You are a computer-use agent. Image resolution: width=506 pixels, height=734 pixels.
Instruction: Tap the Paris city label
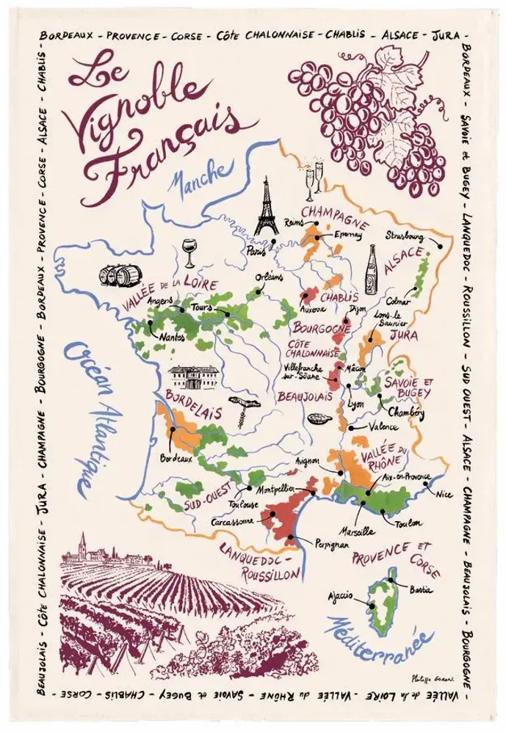tap(256, 250)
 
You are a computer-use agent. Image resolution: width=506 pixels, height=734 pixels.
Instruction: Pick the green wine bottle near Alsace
tap(372, 270)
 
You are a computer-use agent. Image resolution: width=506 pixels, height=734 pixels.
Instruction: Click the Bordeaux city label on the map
tap(176, 459)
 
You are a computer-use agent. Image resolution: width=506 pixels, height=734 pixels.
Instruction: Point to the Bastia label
tap(422, 590)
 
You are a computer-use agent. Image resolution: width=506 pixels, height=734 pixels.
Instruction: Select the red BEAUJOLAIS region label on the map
tap(300, 396)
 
